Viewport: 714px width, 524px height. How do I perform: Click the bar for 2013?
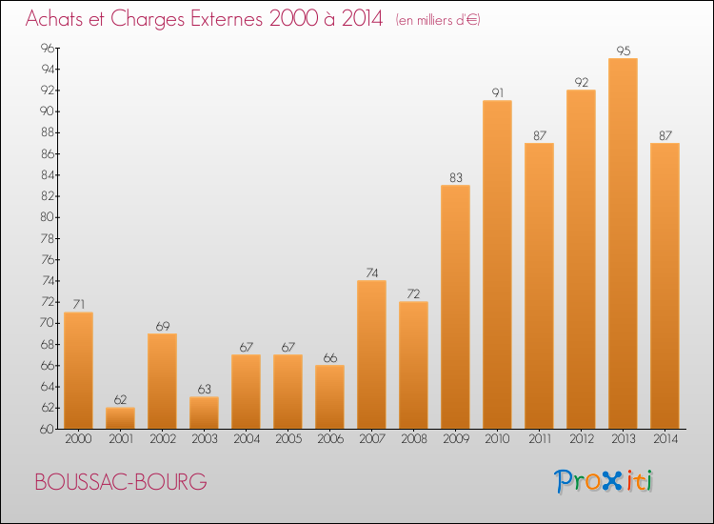coord(623,243)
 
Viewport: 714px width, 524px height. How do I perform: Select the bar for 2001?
coord(120,417)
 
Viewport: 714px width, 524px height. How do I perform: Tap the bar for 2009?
coord(455,306)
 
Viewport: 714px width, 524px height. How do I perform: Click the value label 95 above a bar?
coord(623,50)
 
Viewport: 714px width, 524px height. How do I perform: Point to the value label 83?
coord(455,177)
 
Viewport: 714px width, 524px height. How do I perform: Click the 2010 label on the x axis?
coord(497,439)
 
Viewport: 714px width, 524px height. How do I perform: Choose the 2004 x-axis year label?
coord(246,439)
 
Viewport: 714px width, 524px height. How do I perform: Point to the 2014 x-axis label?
coord(664,439)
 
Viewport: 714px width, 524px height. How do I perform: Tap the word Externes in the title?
coord(221,19)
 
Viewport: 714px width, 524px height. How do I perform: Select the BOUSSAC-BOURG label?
coord(120,482)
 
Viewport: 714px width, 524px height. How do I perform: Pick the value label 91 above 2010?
coord(497,92)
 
